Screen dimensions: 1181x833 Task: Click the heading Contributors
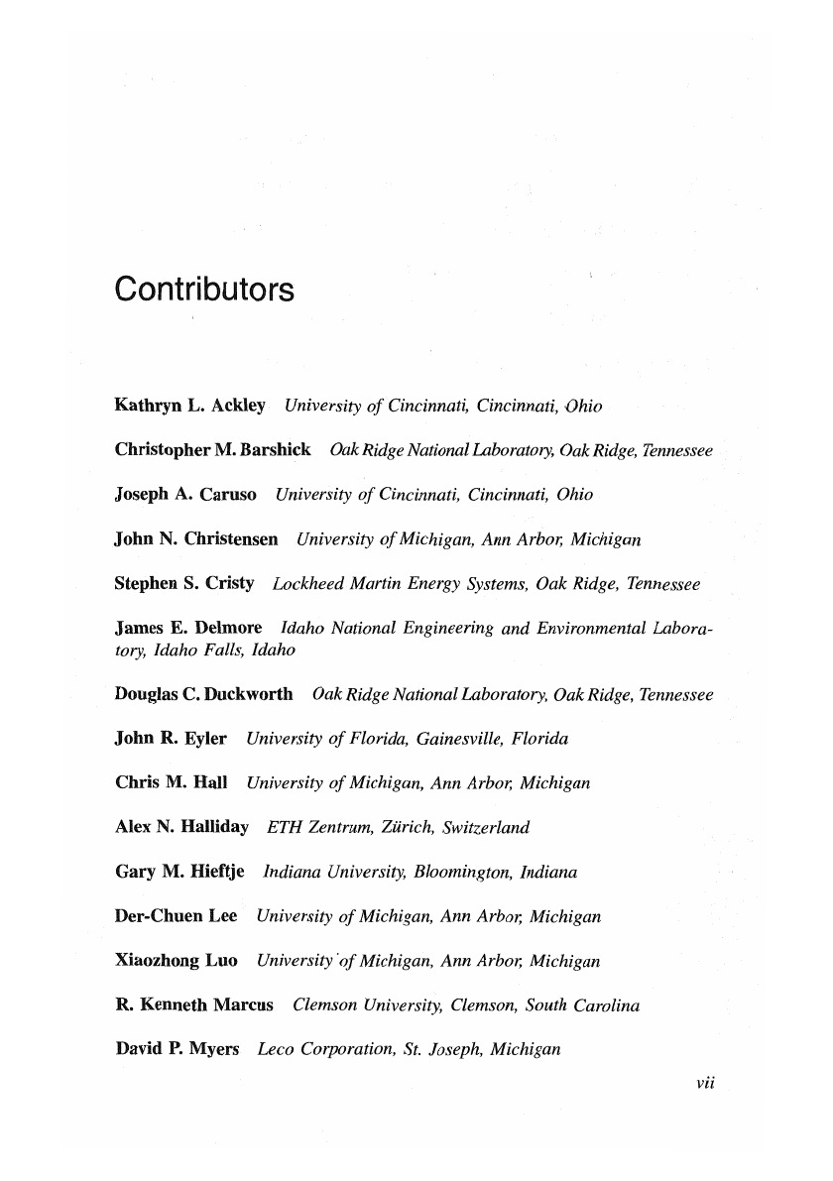[204, 291]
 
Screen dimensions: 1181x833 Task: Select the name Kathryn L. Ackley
[190, 406]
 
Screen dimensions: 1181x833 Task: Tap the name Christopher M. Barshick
[213, 450]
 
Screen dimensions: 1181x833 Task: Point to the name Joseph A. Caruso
[185, 494]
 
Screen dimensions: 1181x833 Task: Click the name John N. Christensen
[196, 539]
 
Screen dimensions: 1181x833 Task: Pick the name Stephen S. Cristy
[184, 584]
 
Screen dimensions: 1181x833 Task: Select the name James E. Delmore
[188, 629]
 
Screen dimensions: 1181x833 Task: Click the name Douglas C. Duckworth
[203, 694]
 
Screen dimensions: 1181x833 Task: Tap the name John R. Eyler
[171, 739]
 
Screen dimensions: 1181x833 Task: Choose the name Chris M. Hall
[172, 783]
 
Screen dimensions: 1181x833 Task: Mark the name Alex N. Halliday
[181, 827]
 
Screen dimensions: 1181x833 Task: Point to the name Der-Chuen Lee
[177, 916]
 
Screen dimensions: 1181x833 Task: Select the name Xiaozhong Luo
[177, 961]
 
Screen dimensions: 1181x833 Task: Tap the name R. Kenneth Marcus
[194, 1005]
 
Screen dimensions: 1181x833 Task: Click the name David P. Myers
[178, 1049]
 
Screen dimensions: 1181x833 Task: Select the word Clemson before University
[323, 1005]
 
